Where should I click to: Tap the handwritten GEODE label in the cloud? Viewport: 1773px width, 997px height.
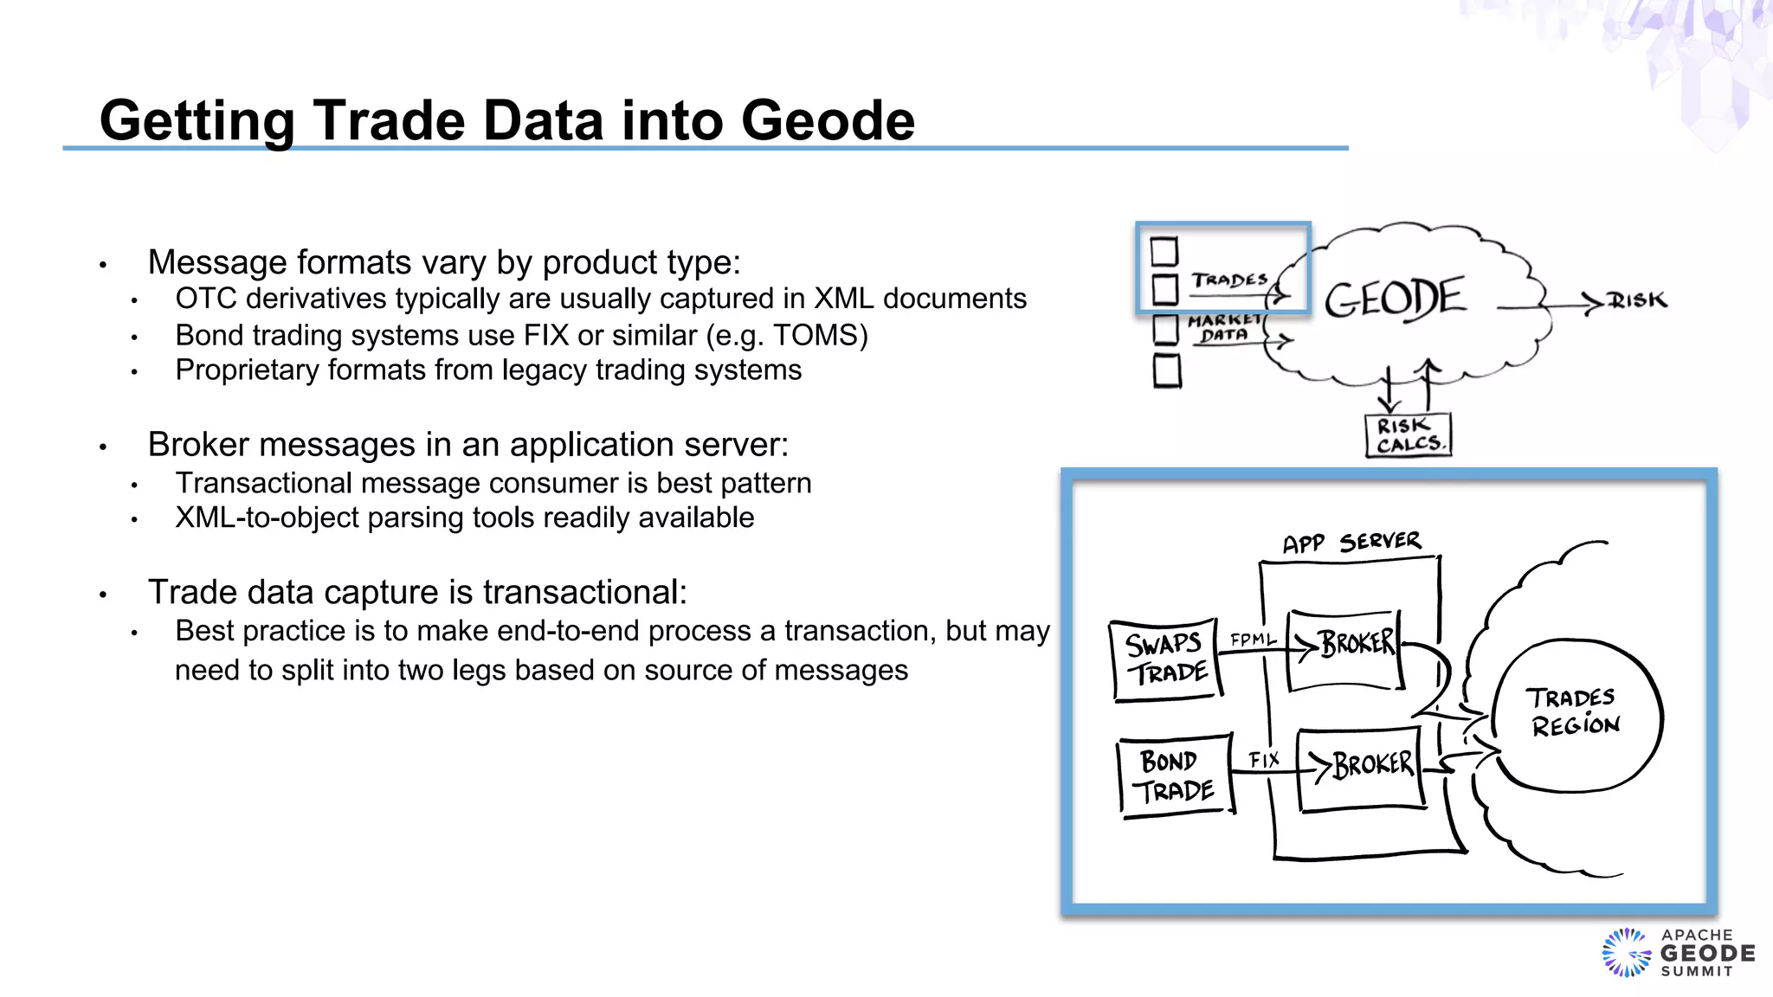coord(1394,299)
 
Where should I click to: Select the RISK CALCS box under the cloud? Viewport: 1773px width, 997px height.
coord(1408,435)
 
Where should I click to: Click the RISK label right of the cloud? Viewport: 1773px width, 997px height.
coord(1637,300)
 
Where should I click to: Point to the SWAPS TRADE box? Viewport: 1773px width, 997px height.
coord(1166,659)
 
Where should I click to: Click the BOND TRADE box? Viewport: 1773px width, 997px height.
coord(1176,775)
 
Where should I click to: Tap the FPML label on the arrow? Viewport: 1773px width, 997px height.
coord(1253,640)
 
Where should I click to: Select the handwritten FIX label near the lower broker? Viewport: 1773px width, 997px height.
coord(1264,760)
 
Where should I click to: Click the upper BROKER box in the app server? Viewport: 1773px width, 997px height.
coord(1344,649)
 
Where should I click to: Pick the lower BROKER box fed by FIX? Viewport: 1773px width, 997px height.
coord(1360,769)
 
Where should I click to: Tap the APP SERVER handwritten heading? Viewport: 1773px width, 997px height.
coord(1351,543)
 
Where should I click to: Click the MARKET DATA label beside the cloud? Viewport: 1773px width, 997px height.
coord(1224,328)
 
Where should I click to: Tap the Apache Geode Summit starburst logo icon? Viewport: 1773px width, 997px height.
coord(1627,953)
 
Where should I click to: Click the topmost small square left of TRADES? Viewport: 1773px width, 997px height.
coord(1164,252)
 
